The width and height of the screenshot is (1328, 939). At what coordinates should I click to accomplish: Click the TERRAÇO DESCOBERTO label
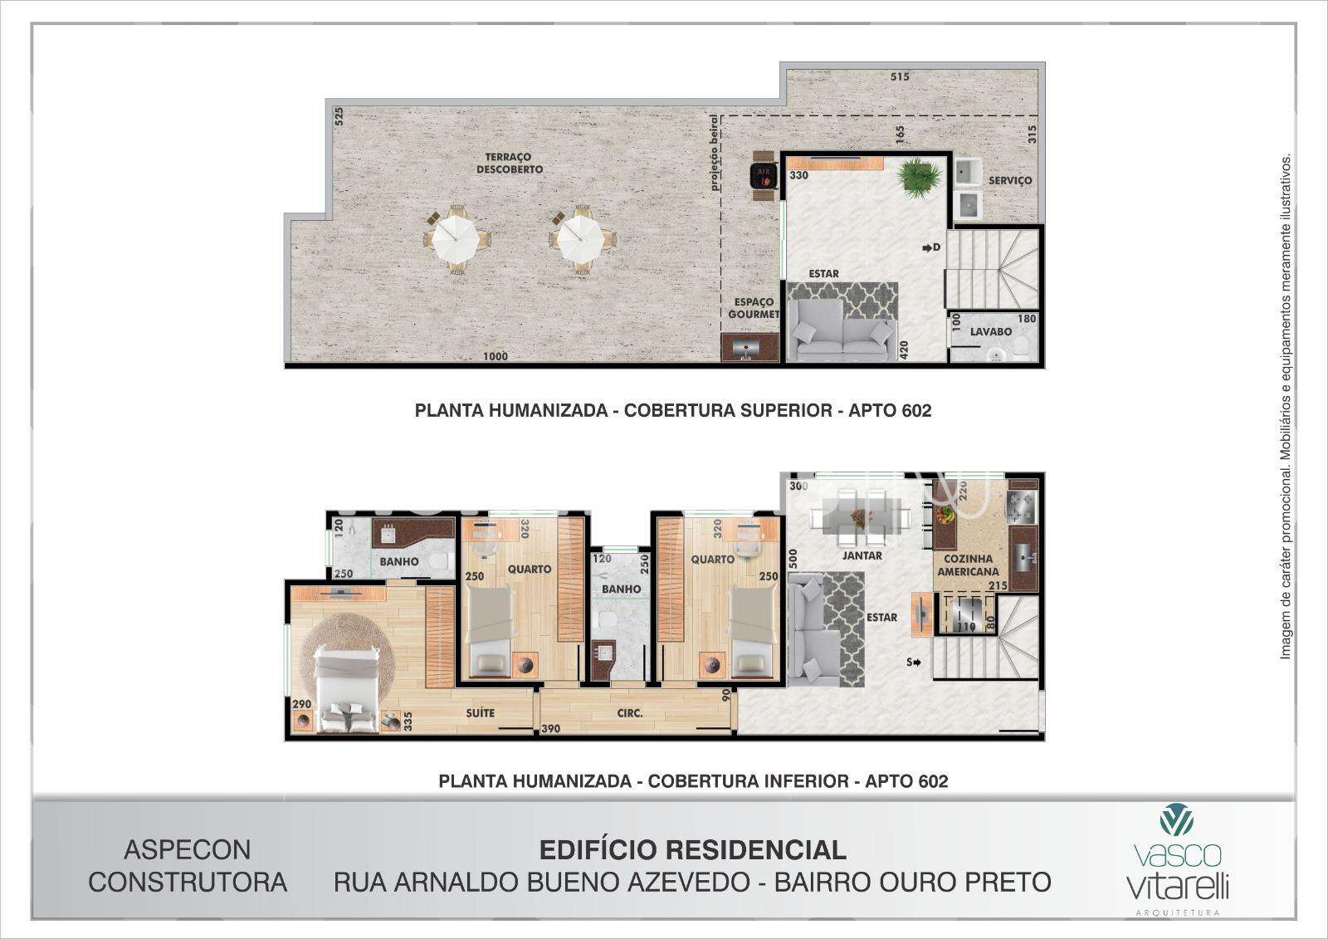[510, 163]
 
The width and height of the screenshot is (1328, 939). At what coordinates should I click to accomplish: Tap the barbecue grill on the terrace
[763, 177]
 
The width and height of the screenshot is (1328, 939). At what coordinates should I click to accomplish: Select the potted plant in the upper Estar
[919, 178]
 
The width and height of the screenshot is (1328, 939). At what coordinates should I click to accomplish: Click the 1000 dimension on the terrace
[496, 356]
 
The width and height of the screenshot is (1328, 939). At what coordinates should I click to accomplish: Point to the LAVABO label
[991, 332]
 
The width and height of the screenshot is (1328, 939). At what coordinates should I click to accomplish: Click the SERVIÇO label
[1010, 180]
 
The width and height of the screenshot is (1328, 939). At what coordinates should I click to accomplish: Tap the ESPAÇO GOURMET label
[754, 308]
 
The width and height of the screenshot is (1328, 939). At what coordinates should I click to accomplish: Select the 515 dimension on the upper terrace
[900, 76]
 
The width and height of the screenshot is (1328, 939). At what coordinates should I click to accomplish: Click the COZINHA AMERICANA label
[968, 565]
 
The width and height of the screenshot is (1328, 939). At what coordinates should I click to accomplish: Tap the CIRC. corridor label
[630, 713]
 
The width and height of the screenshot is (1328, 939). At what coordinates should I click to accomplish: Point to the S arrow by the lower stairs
[913, 662]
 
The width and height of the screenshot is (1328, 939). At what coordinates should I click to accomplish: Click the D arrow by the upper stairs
[931, 247]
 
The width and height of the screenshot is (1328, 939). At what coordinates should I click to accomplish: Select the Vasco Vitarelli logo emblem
[1177, 819]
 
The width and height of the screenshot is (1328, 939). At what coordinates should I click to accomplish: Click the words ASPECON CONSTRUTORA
[188, 866]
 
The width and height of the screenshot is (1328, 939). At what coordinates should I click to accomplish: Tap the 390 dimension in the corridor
[551, 728]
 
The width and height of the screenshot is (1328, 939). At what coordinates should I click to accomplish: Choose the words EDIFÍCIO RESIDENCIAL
[692, 850]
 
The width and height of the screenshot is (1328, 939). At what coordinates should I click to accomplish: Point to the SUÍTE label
[480, 713]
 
